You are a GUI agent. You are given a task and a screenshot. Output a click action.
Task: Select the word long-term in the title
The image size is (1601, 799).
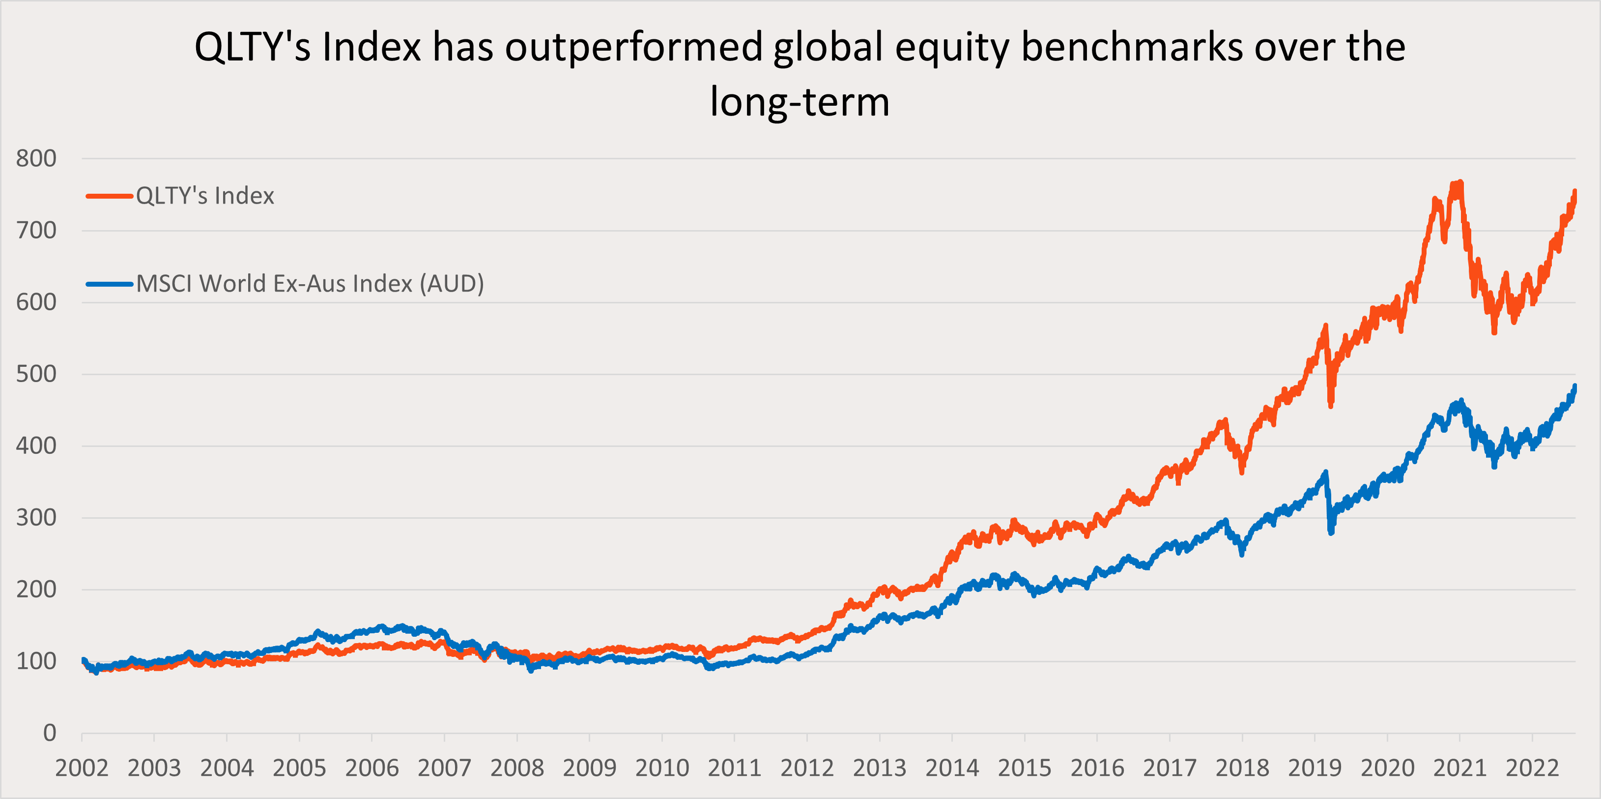tap(800, 102)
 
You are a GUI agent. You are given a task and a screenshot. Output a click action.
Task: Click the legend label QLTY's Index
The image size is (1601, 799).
tap(205, 196)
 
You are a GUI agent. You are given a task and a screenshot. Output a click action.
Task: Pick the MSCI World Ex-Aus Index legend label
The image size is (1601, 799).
tap(310, 284)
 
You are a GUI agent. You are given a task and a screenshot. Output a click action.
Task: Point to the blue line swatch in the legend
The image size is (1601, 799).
tap(110, 284)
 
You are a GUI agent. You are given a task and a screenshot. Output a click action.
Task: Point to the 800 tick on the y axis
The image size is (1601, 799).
tap(36, 158)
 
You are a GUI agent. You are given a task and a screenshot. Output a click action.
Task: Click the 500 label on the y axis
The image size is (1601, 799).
tap(36, 374)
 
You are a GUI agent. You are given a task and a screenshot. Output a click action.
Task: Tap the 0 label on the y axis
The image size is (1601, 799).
tap(50, 733)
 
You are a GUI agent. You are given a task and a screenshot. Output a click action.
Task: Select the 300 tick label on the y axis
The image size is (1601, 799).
tap(36, 518)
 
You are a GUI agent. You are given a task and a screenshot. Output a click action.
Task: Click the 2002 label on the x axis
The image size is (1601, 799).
tap(82, 769)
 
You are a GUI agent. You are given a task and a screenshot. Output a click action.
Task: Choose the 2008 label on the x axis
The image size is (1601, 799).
tap(517, 769)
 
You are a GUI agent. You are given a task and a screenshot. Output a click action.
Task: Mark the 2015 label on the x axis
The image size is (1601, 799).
tap(1024, 769)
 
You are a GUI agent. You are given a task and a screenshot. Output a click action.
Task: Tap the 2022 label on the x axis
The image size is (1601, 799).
tap(1532, 769)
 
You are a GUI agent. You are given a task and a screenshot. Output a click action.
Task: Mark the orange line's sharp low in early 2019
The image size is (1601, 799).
tap(1331, 406)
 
